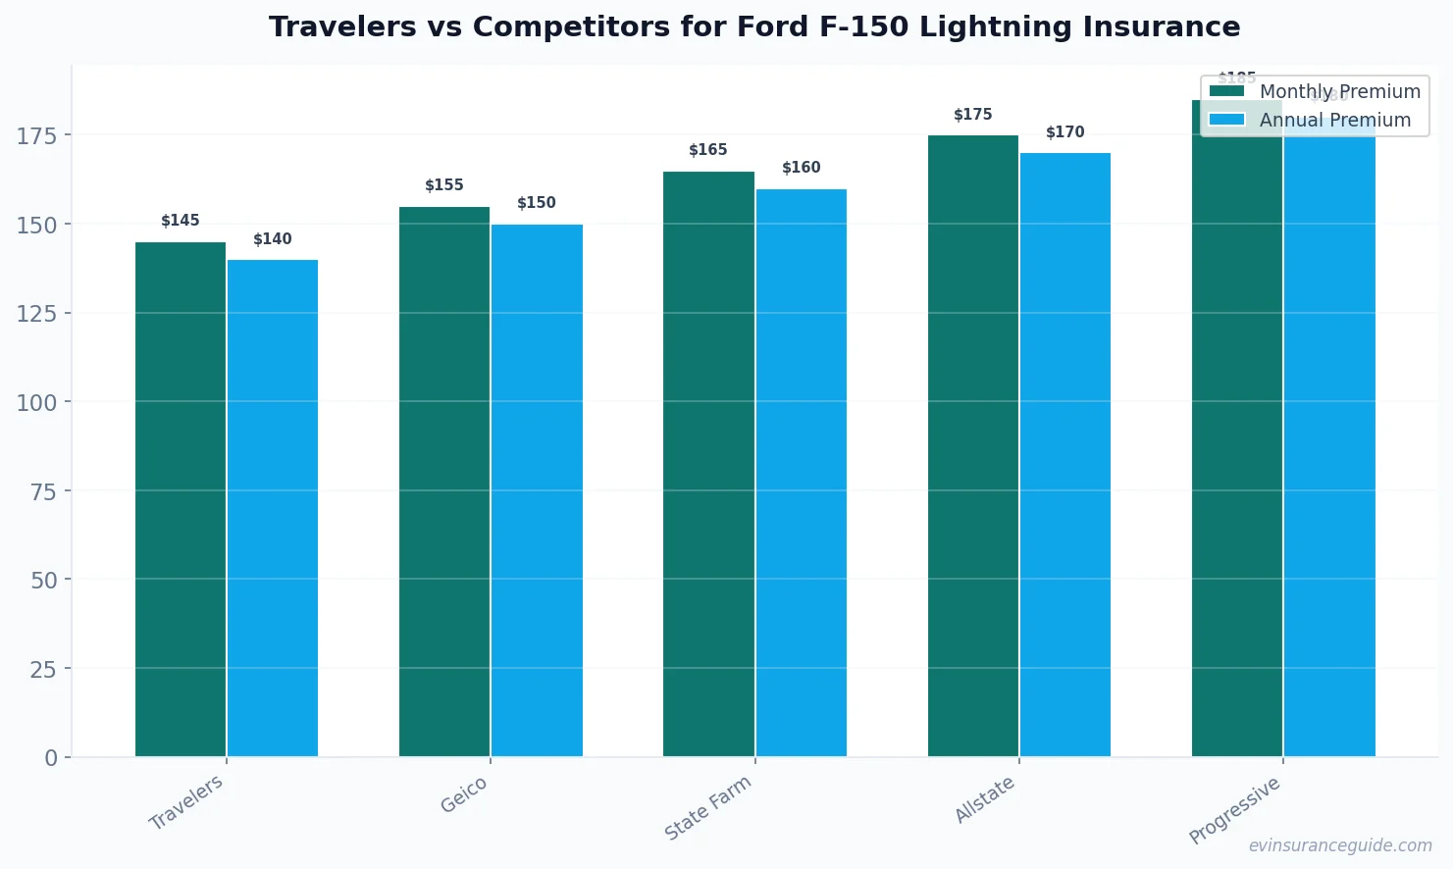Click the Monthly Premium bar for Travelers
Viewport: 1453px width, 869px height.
[181, 499]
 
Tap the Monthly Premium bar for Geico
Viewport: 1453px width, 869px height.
[444, 482]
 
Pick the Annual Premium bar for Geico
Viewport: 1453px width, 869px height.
[537, 490]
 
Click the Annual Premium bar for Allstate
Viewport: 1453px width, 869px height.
[1065, 455]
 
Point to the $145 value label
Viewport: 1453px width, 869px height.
[181, 221]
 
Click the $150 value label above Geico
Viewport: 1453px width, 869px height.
[537, 203]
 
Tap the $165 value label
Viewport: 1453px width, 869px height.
[708, 150]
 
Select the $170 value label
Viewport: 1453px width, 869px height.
[1065, 132]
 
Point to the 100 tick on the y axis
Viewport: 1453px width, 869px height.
[36, 402]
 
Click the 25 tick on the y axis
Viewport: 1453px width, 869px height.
[43, 669]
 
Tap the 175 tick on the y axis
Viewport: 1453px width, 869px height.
[36, 135]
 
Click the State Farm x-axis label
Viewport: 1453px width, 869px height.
[708, 807]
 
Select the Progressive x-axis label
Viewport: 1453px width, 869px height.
[1234, 809]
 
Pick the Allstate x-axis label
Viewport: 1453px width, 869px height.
[985, 799]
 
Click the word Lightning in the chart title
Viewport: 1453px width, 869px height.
[982, 26]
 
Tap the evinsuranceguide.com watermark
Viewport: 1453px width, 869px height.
[1340, 845]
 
